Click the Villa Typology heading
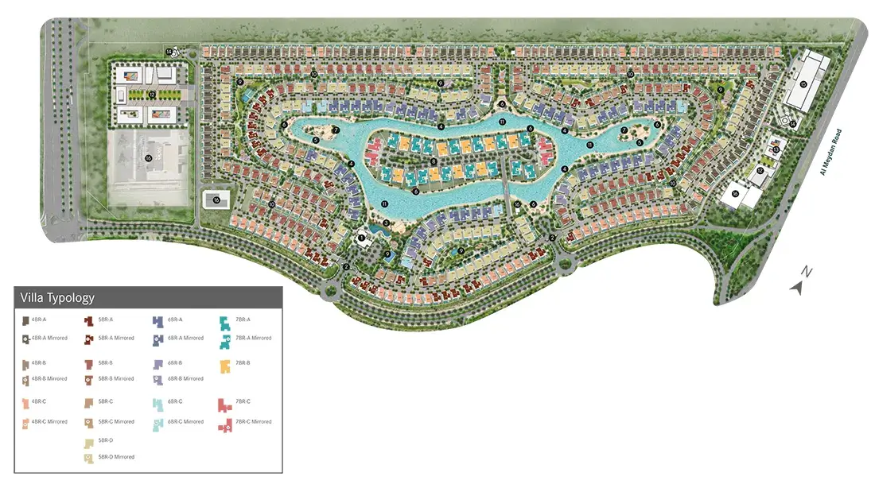57,298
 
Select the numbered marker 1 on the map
361,237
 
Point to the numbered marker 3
386,223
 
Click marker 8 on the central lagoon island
434,161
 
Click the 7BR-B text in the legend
243,362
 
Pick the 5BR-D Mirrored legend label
116,457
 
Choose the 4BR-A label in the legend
39,320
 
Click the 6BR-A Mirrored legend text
185,338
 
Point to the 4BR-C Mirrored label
49,421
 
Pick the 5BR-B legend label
106,362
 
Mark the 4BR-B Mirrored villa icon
25,380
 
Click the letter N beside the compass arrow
807,272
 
